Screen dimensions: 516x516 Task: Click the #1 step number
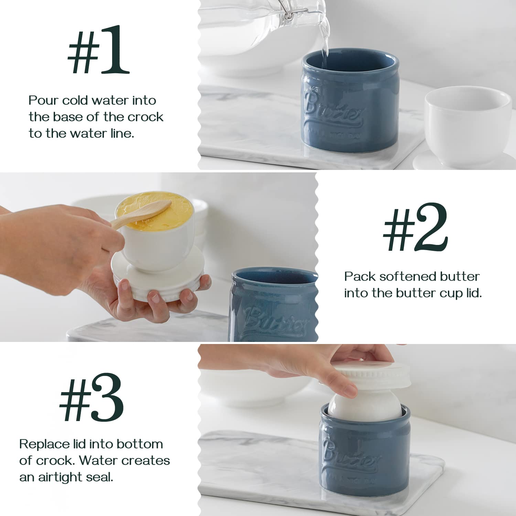point(98,50)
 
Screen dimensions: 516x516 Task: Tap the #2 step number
point(416,227)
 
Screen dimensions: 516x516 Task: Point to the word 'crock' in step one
point(146,117)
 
